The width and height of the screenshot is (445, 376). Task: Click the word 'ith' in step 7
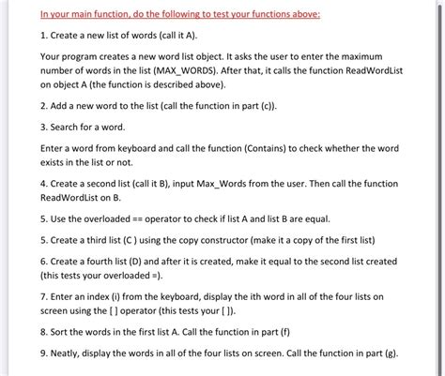pos(276,295)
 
